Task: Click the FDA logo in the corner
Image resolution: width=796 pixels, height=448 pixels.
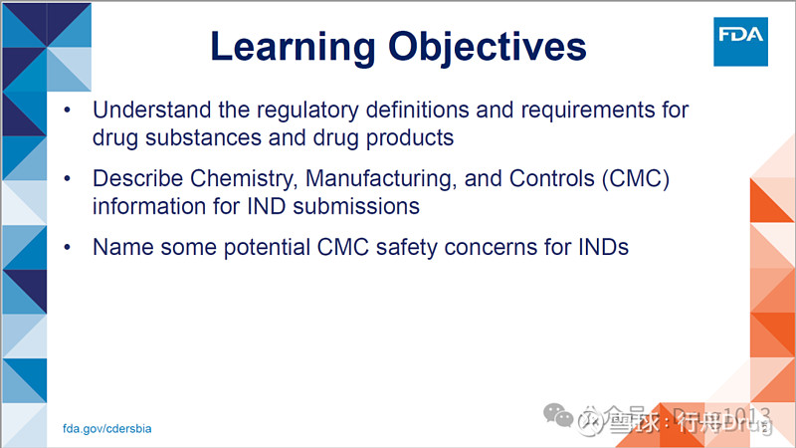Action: (740, 41)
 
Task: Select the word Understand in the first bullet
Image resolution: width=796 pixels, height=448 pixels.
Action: (146, 109)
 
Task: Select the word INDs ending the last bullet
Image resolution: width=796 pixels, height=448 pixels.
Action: (601, 248)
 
